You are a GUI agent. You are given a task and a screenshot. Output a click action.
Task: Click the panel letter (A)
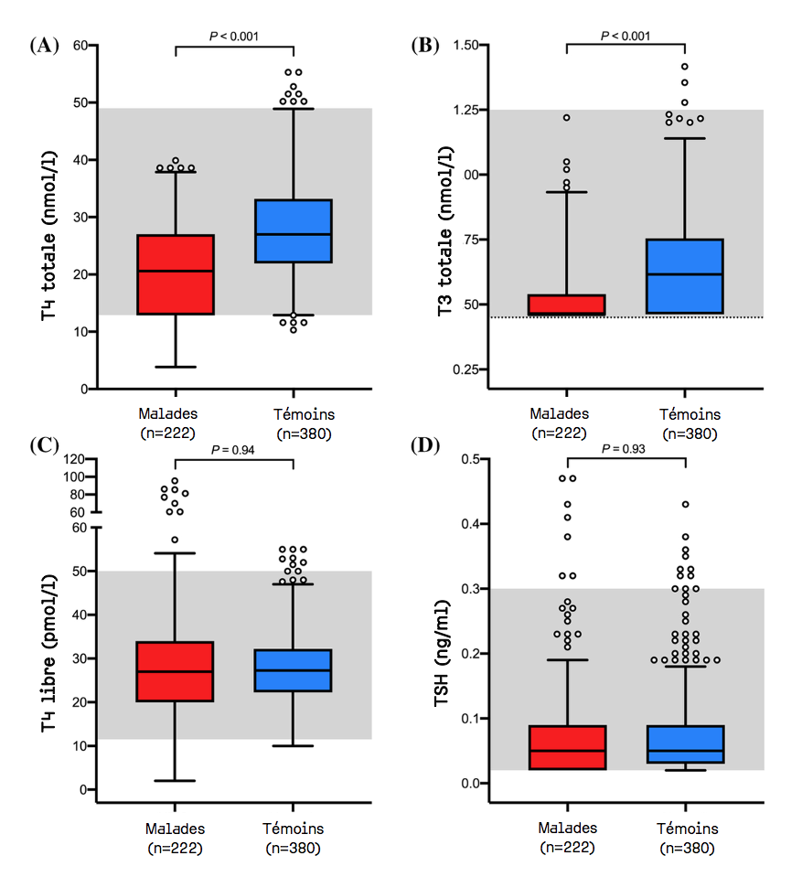45,44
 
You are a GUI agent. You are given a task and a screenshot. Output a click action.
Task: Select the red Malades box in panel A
176,274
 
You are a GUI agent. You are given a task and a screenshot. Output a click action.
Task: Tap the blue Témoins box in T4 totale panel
294,231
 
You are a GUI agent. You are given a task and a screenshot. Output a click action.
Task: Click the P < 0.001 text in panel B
626,36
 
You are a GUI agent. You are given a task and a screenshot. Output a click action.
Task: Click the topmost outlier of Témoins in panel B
684,67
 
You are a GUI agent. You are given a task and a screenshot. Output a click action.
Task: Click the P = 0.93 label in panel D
626,448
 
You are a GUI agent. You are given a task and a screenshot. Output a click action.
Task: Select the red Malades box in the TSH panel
567,747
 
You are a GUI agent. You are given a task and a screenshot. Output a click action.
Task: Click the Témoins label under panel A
294,414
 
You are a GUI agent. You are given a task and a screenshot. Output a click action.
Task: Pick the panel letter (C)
45,446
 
